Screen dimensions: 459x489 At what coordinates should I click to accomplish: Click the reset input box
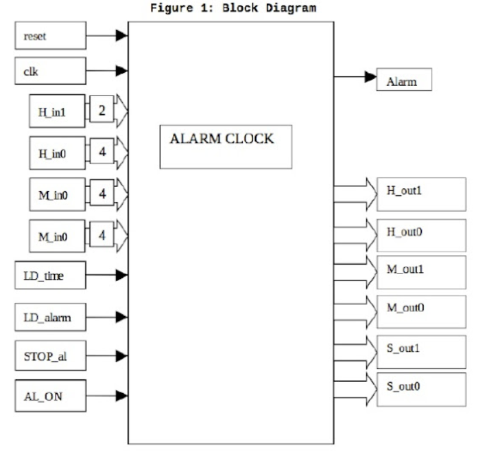click(x=51, y=36)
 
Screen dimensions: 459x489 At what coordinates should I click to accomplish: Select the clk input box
click(x=51, y=70)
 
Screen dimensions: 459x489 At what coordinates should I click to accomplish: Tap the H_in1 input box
click(x=57, y=112)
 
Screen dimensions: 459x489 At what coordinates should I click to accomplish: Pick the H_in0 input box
click(x=57, y=153)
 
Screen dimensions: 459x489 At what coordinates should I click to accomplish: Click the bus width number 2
click(x=102, y=112)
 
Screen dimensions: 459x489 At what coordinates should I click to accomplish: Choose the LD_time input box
click(x=51, y=275)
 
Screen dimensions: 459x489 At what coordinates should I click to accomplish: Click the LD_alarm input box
click(x=51, y=317)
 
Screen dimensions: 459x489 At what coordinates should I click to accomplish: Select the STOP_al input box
click(x=51, y=356)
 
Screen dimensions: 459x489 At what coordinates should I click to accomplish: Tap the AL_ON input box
click(x=51, y=395)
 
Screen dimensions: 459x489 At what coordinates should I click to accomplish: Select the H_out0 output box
click(x=421, y=234)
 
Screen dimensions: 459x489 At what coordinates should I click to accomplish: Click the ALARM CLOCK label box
click(x=226, y=146)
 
